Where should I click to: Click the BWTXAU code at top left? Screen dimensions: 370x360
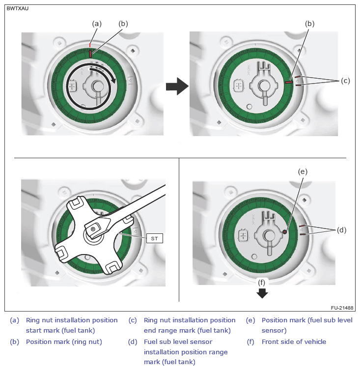(x=18, y=8)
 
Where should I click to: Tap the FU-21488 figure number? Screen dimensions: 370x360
(x=342, y=307)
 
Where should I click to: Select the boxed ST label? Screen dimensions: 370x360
(x=154, y=238)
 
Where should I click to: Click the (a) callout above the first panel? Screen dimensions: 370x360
(x=97, y=23)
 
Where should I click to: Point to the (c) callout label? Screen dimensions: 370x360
(x=345, y=81)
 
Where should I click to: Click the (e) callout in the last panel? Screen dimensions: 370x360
(x=303, y=171)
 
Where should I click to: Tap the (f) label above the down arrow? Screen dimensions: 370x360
(x=262, y=283)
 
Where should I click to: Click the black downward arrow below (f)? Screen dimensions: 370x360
(x=262, y=293)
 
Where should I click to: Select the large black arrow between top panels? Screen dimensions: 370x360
(x=177, y=87)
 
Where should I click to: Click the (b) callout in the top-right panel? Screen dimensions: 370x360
(x=309, y=23)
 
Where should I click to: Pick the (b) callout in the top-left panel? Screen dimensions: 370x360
(x=123, y=23)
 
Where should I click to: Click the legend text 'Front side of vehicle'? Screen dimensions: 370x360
(x=294, y=342)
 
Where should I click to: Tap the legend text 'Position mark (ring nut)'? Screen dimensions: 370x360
(x=64, y=342)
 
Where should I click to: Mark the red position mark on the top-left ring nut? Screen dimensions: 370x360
(x=90, y=53)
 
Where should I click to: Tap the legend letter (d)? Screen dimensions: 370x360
(x=133, y=342)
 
